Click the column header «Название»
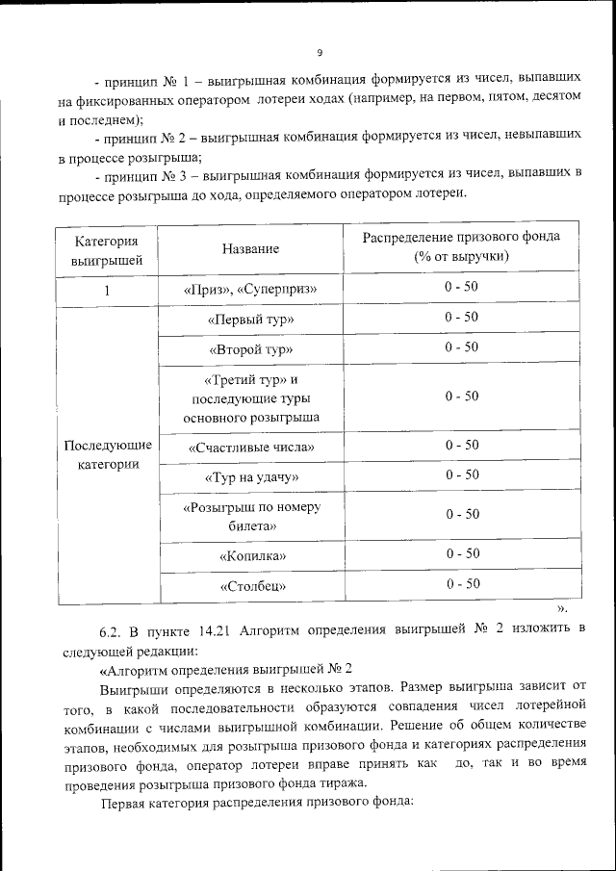point(250,248)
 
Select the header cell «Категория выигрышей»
point(107,248)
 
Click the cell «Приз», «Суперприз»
point(250,289)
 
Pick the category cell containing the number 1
point(107,290)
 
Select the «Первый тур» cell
point(250,320)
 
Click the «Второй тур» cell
point(250,349)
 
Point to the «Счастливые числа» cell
point(250,448)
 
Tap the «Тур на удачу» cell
point(250,477)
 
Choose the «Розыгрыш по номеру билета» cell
point(250,516)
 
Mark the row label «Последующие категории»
point(107,455)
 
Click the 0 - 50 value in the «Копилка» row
point(461,553)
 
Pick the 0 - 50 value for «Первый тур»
point(461,317)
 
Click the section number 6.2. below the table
point(113,631)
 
